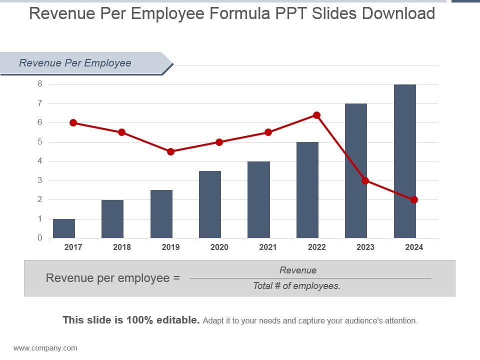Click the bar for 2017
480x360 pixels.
tap(64, 228)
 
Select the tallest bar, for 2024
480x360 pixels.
tap(404, 161)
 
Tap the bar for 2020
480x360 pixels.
tap(210, 204)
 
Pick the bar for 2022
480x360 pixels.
tap(307, 190)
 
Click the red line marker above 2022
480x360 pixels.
tap(316, 115)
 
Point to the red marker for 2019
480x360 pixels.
tap(170, 151)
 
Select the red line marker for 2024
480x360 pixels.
tap(414, 200)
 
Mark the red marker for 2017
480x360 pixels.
tap(73, 122)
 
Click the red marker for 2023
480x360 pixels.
tap(365, 180)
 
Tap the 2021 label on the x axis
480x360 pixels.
tap(268, 247)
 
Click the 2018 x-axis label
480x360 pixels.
tap(121, 247)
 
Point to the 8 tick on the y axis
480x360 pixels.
tap(40, 84)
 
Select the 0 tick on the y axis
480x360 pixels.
tap(40, 238)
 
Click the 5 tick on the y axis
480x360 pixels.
tap(40, 142)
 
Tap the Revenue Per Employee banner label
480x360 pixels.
tap(75, 63)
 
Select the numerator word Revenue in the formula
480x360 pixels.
tap(298, 270)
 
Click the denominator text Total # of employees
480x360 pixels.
tap(296, 286)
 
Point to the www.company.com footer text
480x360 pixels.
tap(45, 348)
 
